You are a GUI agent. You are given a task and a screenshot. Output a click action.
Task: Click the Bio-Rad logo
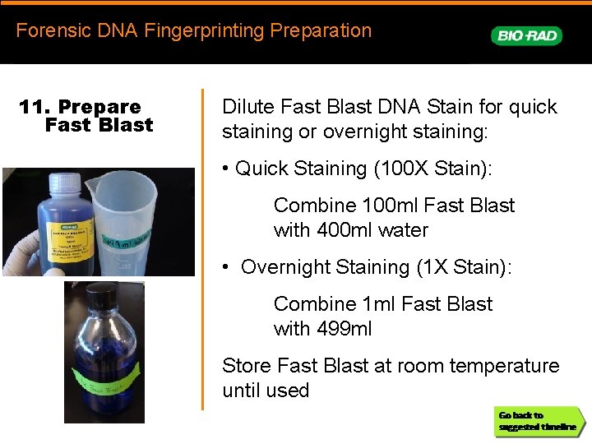point(526,35)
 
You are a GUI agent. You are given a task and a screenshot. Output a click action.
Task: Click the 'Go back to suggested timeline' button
point(539,421)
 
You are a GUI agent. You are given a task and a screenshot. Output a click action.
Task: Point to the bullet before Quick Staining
point(226,169)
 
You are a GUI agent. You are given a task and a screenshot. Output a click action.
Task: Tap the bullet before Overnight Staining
point(226,268)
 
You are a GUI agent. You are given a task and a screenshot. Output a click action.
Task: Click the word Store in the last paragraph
point(247,366)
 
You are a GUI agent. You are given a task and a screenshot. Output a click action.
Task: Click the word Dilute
point(248,107)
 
